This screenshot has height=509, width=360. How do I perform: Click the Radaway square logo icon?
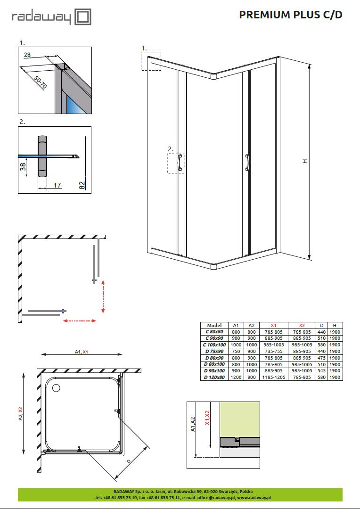click(83, 17)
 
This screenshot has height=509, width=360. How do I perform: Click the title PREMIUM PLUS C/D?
click(291, 15)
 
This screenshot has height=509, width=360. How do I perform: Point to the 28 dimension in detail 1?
click(27, 55)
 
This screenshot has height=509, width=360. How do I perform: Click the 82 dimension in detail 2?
click(82, 185)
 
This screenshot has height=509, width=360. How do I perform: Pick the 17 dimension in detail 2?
click(57, 185)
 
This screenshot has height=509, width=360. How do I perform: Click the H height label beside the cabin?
click(304, 161)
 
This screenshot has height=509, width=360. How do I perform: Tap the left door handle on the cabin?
click(180, 162)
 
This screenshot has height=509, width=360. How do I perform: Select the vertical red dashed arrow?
click(103, 296)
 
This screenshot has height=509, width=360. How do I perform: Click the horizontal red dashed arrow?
click(80, 321)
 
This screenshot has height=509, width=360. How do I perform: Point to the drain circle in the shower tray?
click(56, 388)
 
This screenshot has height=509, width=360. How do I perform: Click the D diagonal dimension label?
click(129, 461)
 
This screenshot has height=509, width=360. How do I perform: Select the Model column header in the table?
click(214, 325)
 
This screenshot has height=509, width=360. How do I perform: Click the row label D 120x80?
click(214, 377)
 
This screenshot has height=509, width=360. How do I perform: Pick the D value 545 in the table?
click(322, 371)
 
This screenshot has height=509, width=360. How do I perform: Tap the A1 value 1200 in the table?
click(236, 377)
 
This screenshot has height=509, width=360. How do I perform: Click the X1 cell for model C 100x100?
click(274, 345)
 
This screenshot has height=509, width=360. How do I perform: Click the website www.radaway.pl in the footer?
click(254, 497)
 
